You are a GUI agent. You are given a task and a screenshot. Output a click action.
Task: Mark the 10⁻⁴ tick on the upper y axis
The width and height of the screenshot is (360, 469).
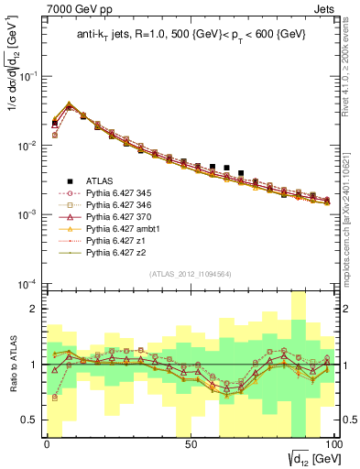tap(30, 283)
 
